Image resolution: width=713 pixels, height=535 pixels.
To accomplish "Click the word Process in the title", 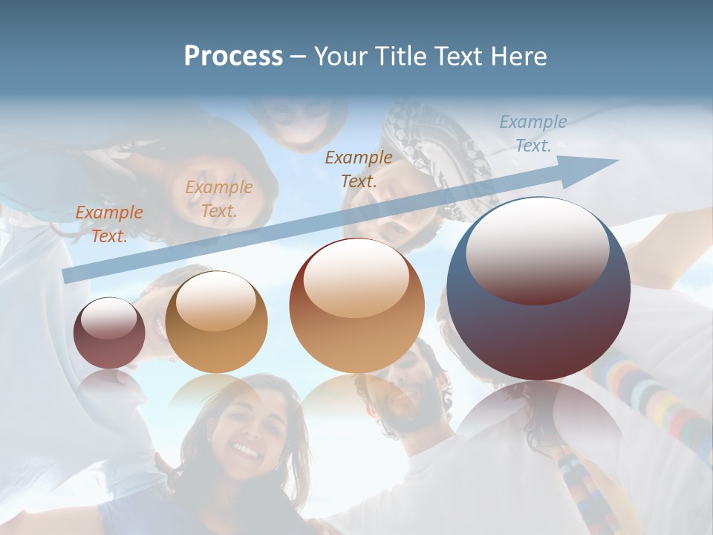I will [233, 56].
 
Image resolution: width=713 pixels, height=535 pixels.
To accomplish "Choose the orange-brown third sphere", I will [356, 306].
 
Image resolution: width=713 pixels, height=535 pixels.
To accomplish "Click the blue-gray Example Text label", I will [533, 134].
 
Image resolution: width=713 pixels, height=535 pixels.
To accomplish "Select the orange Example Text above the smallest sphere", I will [108, 224].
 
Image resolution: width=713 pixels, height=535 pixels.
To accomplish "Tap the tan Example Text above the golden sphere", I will [219, 199].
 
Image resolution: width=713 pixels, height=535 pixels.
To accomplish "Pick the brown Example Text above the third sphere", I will [359, 169].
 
